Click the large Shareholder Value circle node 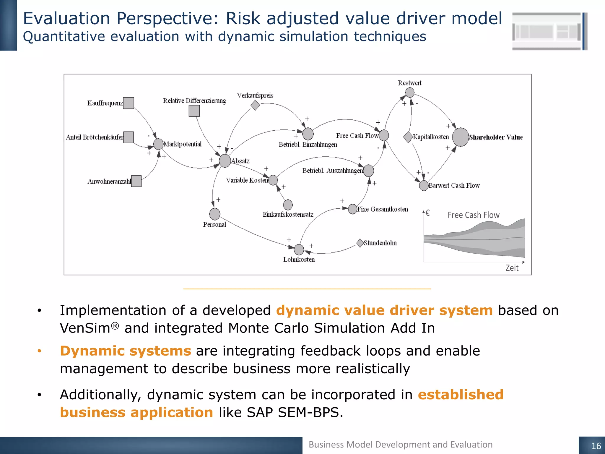(460, 137)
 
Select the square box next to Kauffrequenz (129, 103)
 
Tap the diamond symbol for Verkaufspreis (255, 105)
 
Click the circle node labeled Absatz (225, 161)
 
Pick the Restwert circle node (410, 93)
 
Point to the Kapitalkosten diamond (408, 137)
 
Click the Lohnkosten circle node (299, 249)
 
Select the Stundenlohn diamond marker (360, 243)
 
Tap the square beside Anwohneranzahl (136, 181)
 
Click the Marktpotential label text (183, 144)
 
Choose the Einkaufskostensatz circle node (288, 205)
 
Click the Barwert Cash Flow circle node (424, 186)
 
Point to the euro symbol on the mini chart (427, 213)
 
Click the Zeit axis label (512, 268)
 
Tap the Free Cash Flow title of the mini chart (473, 215)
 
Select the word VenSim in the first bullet (85, 328)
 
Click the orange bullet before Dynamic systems (39, 351)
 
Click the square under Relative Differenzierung (194, 111)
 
